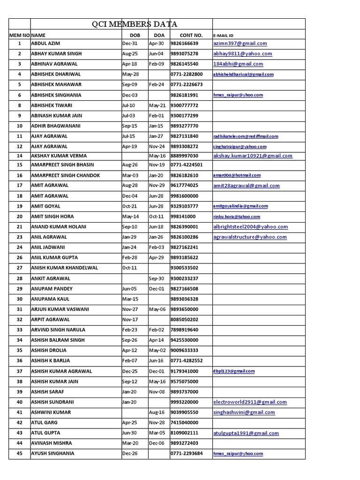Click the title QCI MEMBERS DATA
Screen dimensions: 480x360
135,24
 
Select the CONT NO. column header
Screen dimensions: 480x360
191,35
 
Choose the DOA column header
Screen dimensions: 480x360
159,35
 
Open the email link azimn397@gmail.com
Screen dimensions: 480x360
240,44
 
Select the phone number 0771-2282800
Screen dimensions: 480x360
187,74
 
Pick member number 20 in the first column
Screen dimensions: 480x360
20,217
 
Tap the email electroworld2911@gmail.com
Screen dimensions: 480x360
249,402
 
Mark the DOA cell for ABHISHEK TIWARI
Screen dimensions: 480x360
157,105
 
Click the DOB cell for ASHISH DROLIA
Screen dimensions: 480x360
129,351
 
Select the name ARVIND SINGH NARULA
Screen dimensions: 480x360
58,330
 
